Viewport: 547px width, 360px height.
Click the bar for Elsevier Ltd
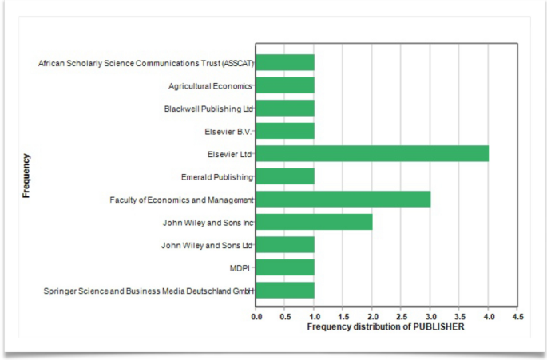click(372, 153)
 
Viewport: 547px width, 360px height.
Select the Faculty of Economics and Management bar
click(343, 199)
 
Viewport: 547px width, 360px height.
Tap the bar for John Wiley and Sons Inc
click(314, 222)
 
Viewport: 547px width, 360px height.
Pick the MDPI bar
click(285, 267)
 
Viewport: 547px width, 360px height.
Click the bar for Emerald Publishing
click(285, 176)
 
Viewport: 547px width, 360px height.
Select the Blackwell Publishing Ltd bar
click(285, 108)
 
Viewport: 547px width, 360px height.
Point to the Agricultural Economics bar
click(285, 85)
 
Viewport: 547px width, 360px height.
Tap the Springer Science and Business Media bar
click(285, 291)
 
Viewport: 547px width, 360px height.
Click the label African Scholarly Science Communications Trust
click(145, 63)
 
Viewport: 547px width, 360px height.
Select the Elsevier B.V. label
click(228, 131)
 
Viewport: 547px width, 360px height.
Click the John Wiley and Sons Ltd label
click(207, 245)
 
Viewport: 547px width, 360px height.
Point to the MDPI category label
click(240, 268)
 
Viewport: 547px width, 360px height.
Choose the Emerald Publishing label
click(216, 176)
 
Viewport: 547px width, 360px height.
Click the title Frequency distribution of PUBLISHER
click(385, 326)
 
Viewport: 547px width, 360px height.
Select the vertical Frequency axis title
click(26, 176)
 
